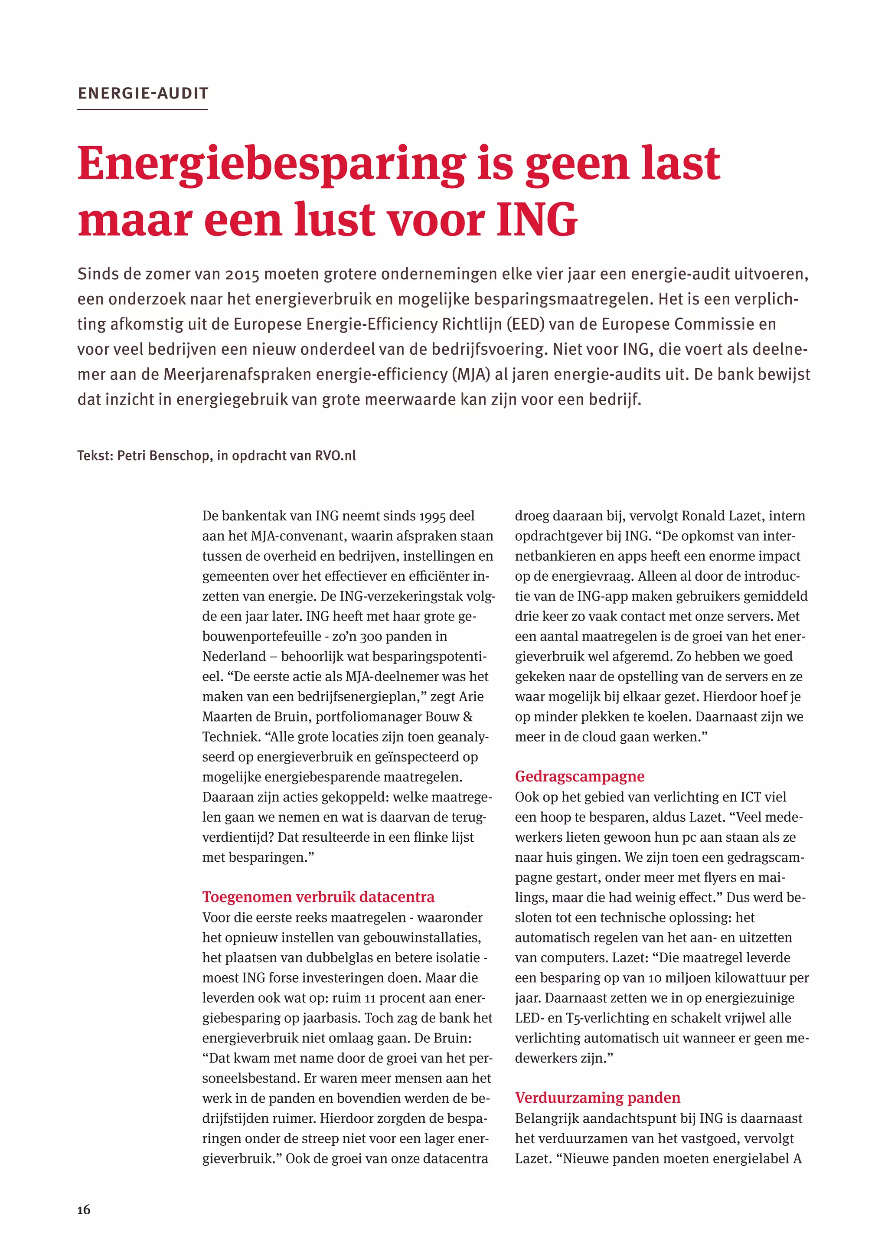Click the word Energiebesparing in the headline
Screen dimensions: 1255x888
pos(271,163)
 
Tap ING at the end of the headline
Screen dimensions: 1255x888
pos(536,220)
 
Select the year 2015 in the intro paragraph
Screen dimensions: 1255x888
pos(242,274)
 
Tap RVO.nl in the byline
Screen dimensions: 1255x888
pos(335,455)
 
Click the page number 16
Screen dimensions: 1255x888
pos(84,1209)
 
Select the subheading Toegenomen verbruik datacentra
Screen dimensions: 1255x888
pos(318,897)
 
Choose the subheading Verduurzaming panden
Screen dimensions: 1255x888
pos(597,1098)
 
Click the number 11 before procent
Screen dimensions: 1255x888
pos(369,998)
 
